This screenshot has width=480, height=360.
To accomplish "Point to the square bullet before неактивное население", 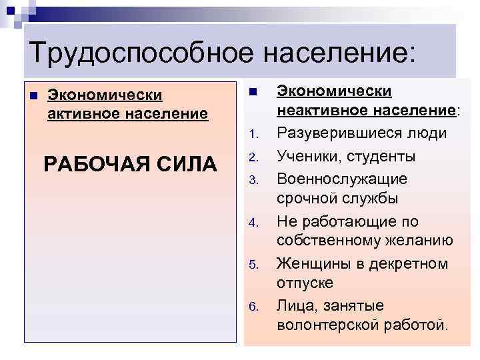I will [253, 91].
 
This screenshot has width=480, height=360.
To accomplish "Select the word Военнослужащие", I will [342, 179].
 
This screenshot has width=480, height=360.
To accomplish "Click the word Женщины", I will [314, 263].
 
